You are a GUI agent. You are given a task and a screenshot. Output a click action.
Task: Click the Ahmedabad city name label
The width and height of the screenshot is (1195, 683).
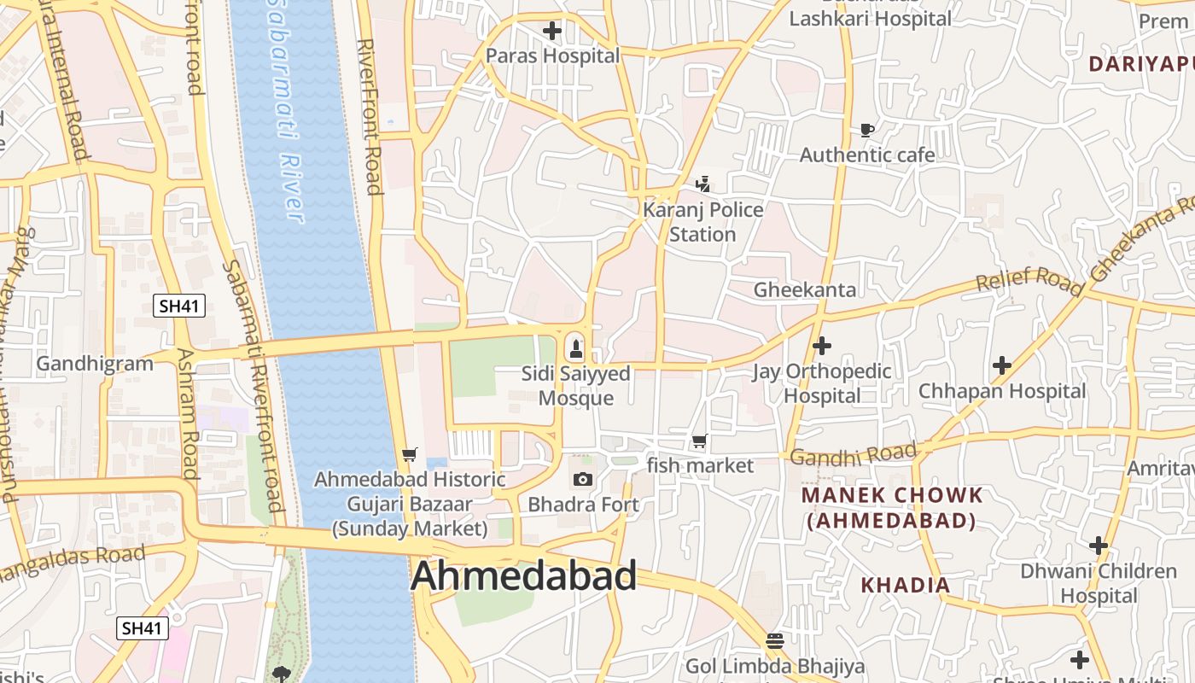523,576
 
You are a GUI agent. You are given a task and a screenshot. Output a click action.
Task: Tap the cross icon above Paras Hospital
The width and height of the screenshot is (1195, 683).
552,32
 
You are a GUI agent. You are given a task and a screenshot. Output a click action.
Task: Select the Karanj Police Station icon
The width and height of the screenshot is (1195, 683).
702,184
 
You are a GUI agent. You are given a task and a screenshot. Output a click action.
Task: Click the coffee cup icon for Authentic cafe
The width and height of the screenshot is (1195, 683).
867,131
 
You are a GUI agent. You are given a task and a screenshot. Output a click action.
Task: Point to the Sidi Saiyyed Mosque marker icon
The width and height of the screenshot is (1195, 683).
576,348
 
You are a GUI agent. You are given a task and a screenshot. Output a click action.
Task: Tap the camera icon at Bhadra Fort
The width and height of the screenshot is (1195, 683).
583,479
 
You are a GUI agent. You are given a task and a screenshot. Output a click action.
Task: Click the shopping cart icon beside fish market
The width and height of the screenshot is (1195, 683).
700,441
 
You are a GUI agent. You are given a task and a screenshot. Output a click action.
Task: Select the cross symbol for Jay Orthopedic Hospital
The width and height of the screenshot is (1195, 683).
822,346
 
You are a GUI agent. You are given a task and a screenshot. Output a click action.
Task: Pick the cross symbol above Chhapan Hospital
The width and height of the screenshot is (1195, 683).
1001,366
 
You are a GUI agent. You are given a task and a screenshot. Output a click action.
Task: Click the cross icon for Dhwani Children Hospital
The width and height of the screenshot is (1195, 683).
1099,545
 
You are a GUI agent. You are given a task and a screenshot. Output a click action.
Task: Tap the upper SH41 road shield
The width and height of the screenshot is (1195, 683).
179,306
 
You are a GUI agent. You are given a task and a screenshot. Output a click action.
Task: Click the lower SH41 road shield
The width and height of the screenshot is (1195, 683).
143,628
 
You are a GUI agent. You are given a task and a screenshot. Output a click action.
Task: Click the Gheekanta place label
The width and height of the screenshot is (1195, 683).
804,290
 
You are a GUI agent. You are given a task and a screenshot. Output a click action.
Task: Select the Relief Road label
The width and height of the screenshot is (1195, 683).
1029,279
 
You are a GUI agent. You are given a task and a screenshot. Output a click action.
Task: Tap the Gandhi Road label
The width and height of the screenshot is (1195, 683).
853,454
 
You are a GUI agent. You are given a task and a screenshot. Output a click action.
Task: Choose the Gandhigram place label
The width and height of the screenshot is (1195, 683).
95,364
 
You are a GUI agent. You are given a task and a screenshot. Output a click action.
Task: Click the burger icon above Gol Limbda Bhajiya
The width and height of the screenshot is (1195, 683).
775,640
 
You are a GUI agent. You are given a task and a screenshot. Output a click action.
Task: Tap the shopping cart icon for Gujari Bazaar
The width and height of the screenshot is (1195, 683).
410,454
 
